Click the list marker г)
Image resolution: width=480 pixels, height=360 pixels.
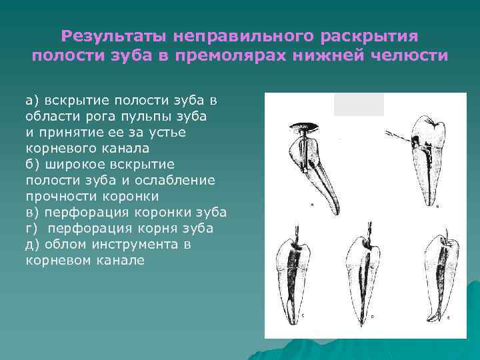click(33, 228)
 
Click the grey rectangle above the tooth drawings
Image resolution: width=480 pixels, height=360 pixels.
click(359, 104)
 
